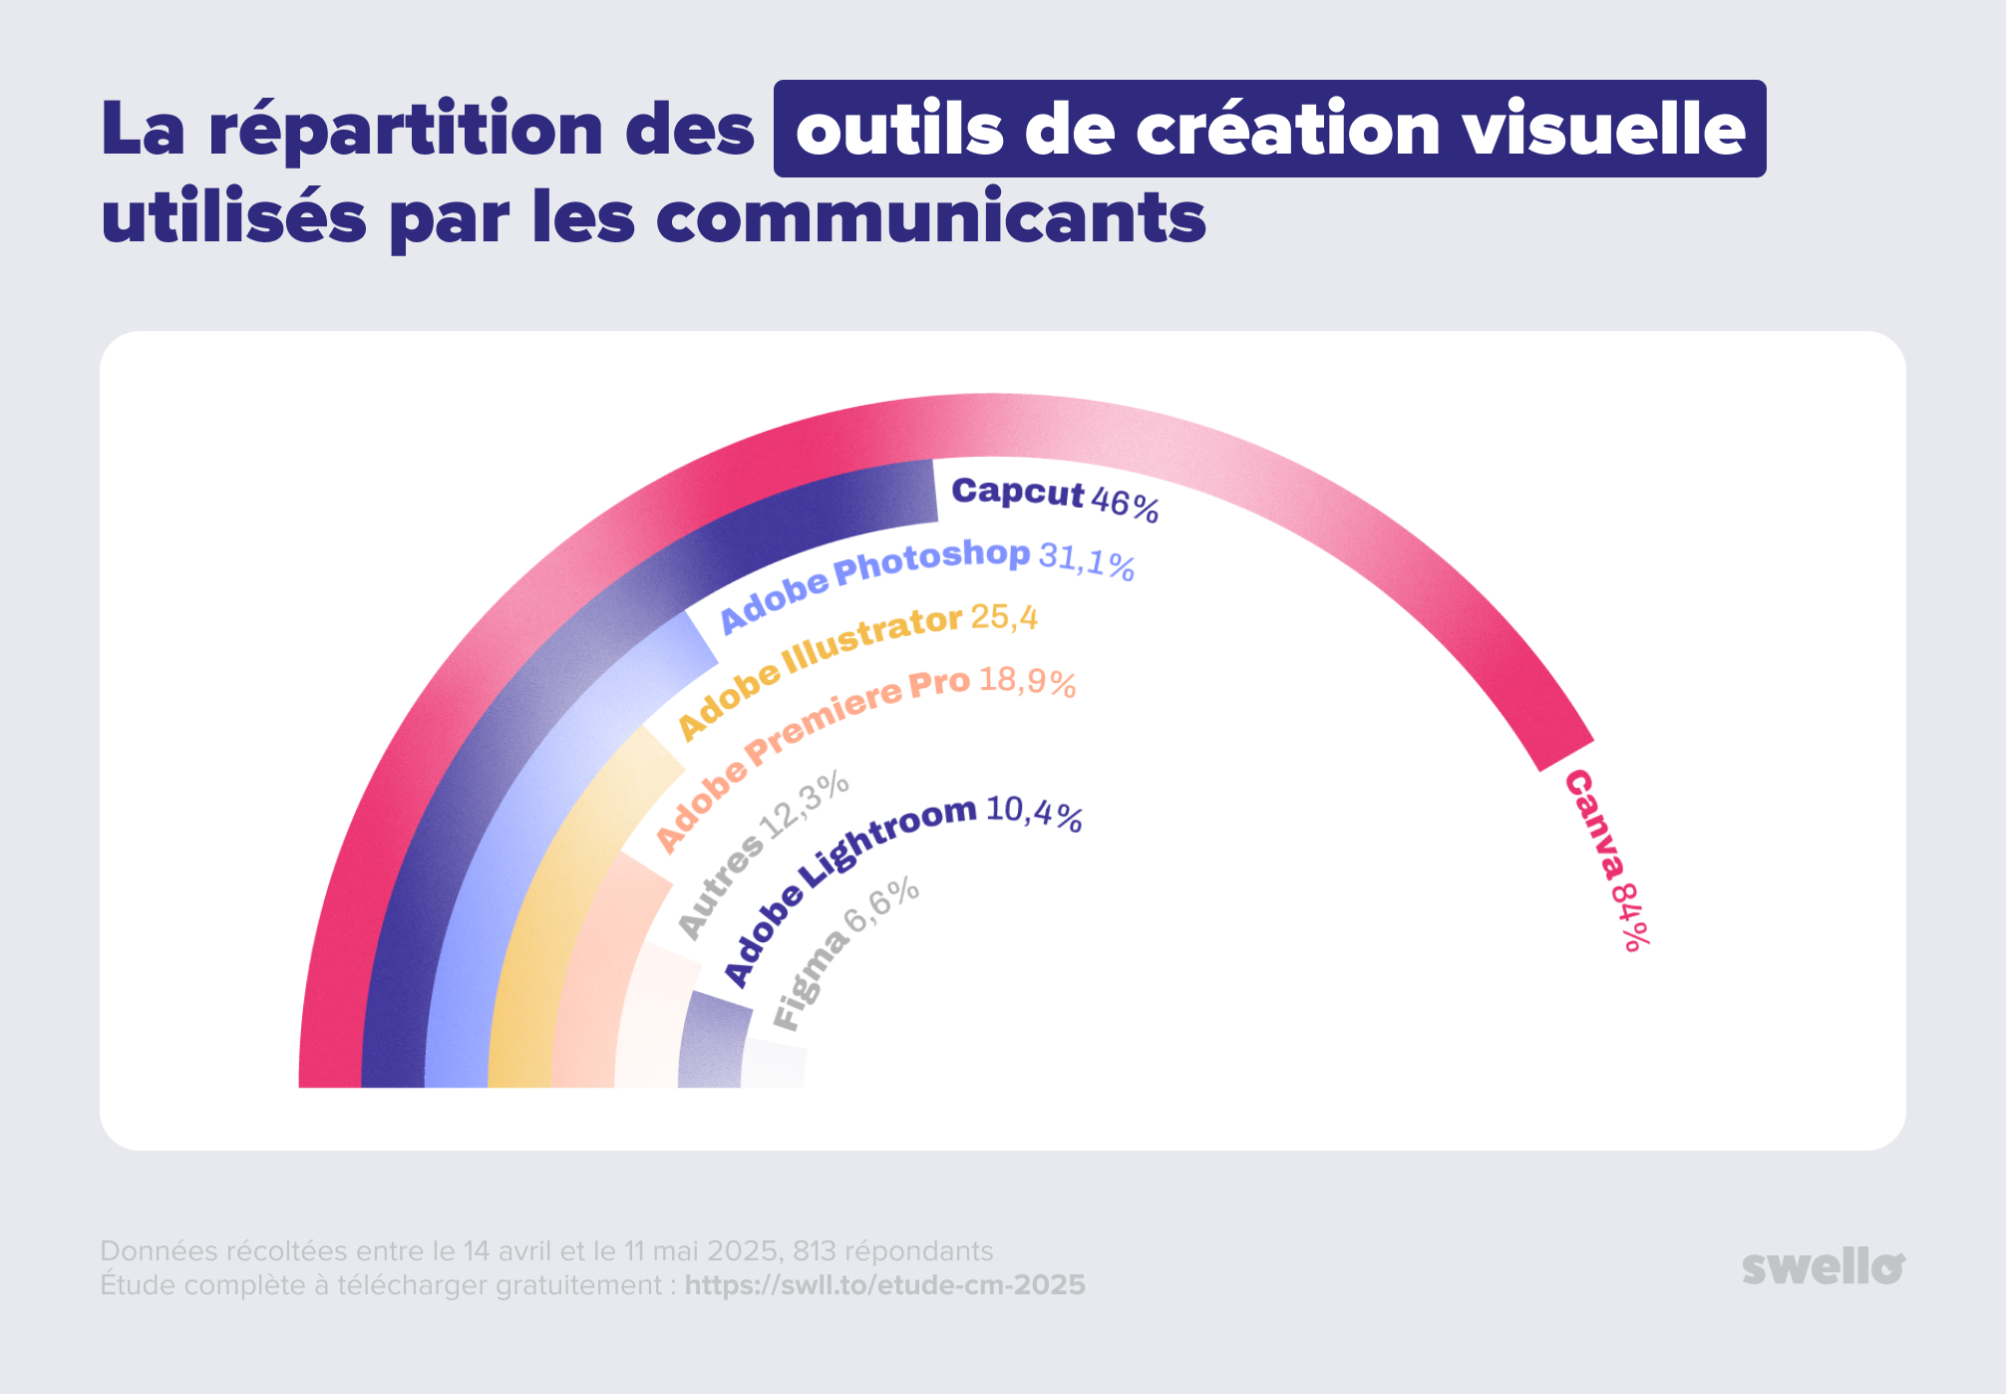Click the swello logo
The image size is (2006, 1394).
coord(1823,1266)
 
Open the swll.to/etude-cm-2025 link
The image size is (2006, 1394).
coord(884,1285)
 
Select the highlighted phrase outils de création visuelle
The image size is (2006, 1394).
coord(1269,130)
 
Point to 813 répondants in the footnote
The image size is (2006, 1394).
coord(892,1251)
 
